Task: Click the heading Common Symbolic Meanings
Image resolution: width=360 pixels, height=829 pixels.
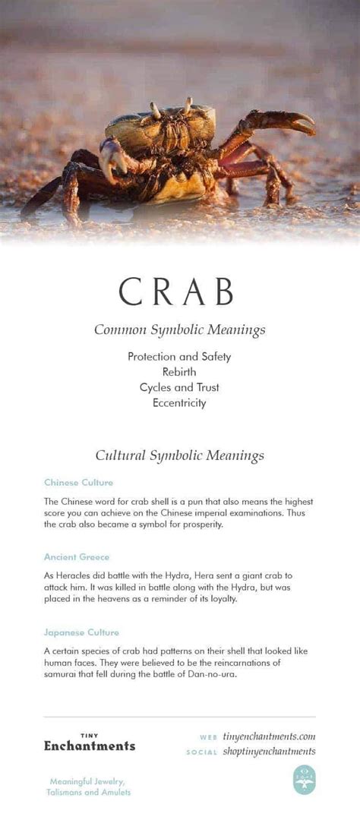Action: coord(179,329)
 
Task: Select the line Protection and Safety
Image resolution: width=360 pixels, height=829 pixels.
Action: coord(179,356)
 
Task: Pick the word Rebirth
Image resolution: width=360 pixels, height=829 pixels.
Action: coord(179,372)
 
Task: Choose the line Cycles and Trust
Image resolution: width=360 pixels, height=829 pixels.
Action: coord(179,387)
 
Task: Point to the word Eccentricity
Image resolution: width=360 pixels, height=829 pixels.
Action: coord(179,403)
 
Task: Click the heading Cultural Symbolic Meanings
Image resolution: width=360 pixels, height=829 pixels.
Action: coord(179,455)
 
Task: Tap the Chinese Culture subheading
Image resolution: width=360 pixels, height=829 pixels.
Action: coord(78,483)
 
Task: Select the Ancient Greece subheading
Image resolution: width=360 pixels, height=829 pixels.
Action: coord(77,557)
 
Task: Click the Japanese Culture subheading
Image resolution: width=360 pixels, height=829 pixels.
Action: coord(81,632)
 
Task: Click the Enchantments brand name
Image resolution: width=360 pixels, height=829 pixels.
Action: coord(90,745)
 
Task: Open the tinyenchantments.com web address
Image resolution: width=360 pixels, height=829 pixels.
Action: coord(269,736)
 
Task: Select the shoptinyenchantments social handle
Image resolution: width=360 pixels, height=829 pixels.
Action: coord(269,752)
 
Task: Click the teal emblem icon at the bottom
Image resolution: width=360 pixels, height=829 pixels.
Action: coord(304,780)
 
